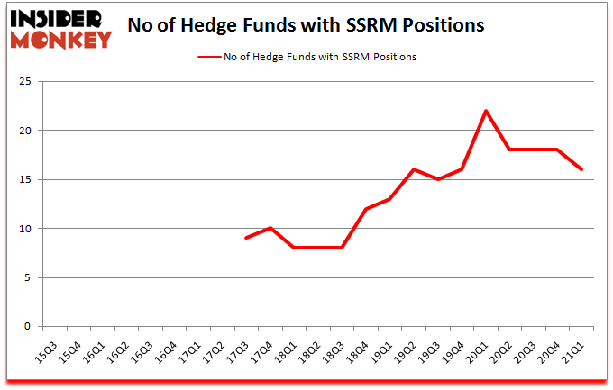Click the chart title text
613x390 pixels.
point(306,25)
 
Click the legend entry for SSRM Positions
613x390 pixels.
point(306,57)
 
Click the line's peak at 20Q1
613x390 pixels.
point(486,111)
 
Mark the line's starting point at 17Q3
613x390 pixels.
point(246,238)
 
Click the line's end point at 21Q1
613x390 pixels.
point(582,169)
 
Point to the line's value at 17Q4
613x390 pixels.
point(270,228)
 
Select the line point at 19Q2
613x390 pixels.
point(414,169)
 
